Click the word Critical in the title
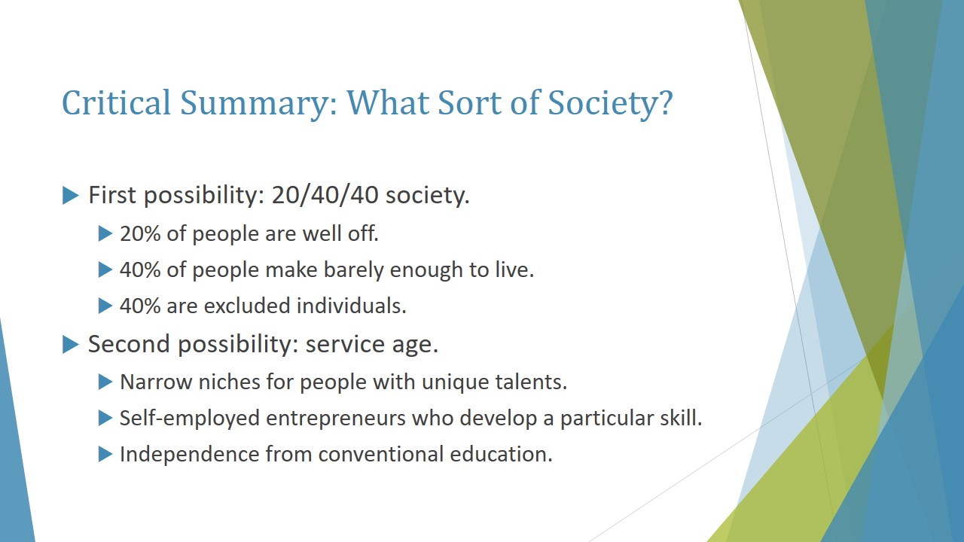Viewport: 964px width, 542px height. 117,103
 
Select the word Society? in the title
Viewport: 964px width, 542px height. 610,105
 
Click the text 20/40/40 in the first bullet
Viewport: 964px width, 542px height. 325,195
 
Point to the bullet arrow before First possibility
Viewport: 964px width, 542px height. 71,195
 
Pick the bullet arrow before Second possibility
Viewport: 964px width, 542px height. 71,344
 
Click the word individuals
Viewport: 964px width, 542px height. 352,306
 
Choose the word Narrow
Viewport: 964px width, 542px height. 156,382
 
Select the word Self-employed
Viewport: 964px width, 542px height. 189,419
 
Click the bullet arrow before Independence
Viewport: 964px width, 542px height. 105,454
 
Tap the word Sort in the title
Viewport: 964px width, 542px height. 469,103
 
